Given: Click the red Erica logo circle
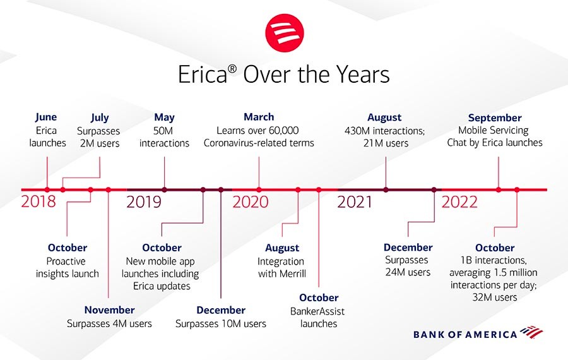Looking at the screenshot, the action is pyautogui.click(x=285, y=33).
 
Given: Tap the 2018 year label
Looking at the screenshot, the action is pyautogui.click(x=38, y=201).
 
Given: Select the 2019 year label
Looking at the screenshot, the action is pyautogui.click(x=144, y=202).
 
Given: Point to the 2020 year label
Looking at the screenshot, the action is pyautogui.click(x=251, y=202).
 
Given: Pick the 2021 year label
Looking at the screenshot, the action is pyautogui.click(x=355, y=202).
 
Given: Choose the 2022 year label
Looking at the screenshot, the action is pyautogui.click(x=459, y=202).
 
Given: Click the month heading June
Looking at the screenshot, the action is pyautogui.click(x=46, y=117).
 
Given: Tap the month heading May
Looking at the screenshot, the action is pyautogui.click(x=164, y=117).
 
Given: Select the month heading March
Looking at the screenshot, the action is pyautogui.click(x=259, y=117).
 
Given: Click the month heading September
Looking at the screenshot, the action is pyautogui.click(x=494, y=118).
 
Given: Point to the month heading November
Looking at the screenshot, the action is pyautogui.click(x=109, y=310).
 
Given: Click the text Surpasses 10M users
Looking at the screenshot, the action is pyautogui.click(x=221, y=324).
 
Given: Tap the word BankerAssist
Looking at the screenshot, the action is pyautogui.click(x=317, y=311).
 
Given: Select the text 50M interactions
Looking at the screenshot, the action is pyautogui.click(x=164, y=136).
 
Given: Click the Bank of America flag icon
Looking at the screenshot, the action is pyautogui.click(x=531, y=332).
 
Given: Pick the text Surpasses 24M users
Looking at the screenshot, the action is pyautogui.click(x=408, y=266).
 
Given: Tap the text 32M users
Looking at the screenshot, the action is pyautogui.click(x=494, y=297).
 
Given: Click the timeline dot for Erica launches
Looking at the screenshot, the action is pyautogui.click(x=47, y=189).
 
